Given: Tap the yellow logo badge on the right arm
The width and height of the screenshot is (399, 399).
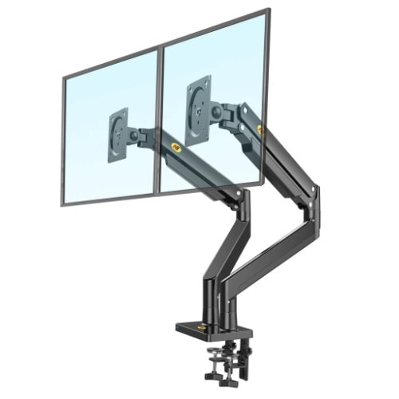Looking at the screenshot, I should coord(259,128).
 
